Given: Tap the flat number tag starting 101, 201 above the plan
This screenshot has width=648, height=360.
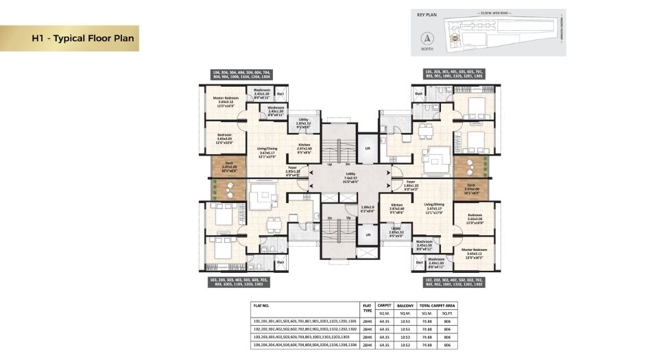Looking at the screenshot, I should click(455, 75).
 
